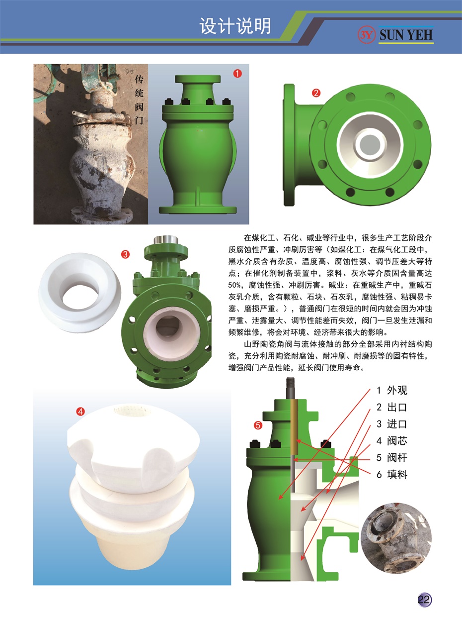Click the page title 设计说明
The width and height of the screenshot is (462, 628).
coord(235,26)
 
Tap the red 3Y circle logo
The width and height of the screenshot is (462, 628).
coord(367,35)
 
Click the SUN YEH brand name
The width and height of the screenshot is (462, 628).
coord(406,35)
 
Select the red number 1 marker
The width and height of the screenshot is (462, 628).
coord(237,74)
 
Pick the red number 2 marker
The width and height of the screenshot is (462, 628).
coord(316,93)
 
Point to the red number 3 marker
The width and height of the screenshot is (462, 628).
coord(125,254)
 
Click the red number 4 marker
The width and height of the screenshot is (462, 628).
coord(80,412)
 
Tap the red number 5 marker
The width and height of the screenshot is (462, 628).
coord(258,425)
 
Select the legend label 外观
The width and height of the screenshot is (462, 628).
coord(397,390)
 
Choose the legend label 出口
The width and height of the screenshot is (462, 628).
coord(397,407)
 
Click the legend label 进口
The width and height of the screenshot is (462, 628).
coord(397,424)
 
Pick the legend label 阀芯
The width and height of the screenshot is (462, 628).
coord(397,441)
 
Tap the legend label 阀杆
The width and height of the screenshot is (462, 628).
coord(397,457)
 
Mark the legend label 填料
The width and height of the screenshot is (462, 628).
coord(397,474)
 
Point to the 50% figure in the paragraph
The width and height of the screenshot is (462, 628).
coord(234,285)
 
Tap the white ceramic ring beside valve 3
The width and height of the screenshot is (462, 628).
coord(80,292)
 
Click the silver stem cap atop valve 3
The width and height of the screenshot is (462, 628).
coord(166,240)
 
